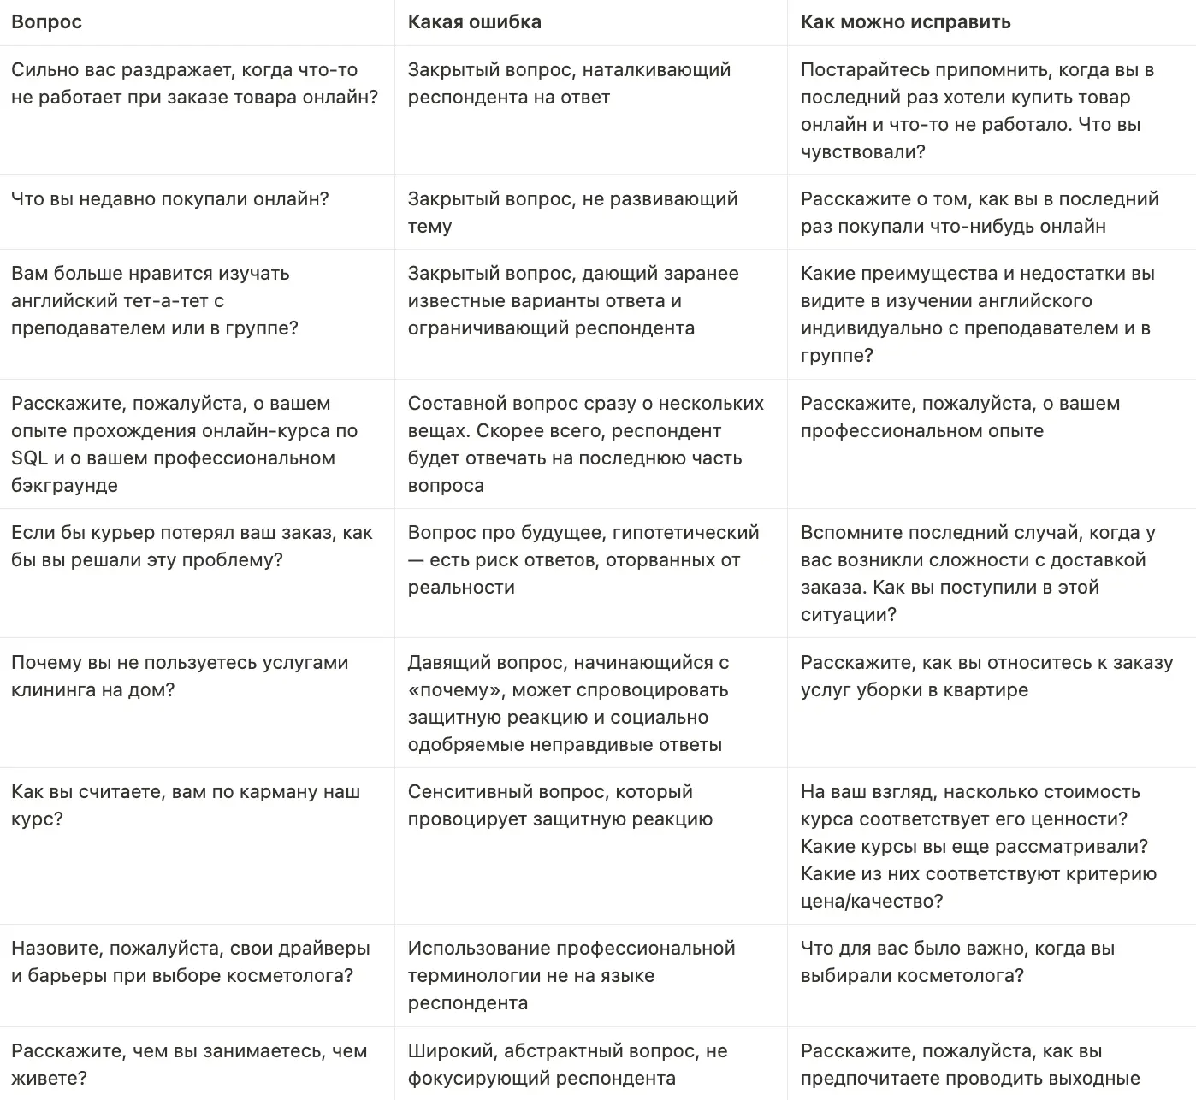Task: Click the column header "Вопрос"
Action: click(46, 22)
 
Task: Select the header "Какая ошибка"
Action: click(474, 22)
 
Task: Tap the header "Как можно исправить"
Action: click(905, 22)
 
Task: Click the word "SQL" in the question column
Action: click(29, 458)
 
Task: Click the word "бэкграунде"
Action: click(64, 486)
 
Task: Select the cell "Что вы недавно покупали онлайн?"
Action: click(169, 199)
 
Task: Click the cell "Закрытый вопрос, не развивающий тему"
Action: click(571, 212)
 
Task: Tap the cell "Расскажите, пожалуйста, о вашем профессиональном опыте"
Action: click(960, 417)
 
